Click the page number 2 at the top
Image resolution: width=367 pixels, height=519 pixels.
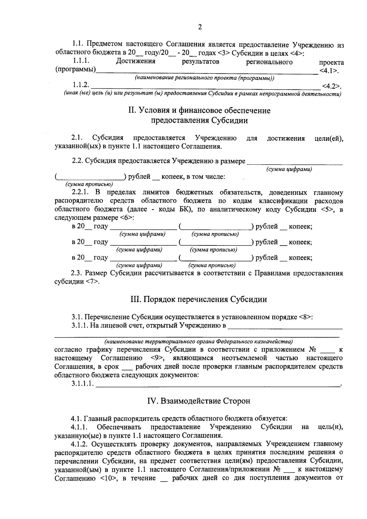[200, 27]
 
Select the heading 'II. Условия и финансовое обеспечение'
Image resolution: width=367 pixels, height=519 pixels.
[199, 110]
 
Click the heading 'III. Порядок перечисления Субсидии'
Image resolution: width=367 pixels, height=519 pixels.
[199, 299]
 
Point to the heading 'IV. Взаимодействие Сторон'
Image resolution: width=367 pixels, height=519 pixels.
[199, 401]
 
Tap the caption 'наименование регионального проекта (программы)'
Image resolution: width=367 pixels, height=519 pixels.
[205, 78]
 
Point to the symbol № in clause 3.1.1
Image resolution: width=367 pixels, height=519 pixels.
[313, 349]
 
